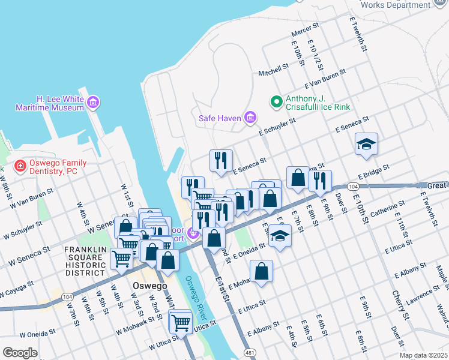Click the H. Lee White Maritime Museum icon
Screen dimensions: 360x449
point(92,103)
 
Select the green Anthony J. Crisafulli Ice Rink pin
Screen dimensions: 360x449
point(276,102)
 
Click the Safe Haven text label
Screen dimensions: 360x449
point(220,118)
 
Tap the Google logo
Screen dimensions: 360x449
point(20,353)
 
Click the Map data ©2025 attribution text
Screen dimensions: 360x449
point(423,355)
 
